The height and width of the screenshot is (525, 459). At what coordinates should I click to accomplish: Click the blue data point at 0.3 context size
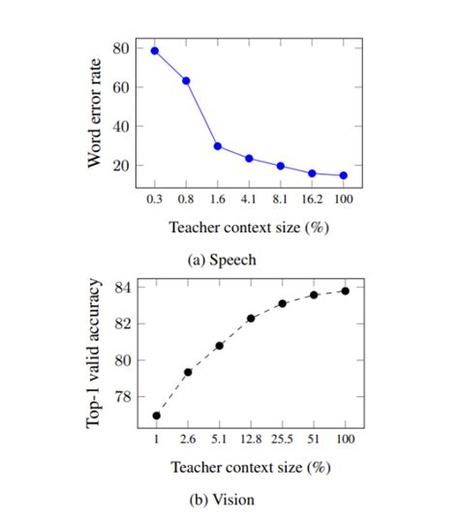(x=155, y=50)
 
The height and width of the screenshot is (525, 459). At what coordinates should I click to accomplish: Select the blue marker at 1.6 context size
(x=218, y=146)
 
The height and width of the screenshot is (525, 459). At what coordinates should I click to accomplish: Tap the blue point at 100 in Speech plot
(x=343, y=175)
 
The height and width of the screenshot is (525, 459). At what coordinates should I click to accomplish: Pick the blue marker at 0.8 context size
(x=186, y=80)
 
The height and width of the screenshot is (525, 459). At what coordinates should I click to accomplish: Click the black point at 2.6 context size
(x=188, y=372)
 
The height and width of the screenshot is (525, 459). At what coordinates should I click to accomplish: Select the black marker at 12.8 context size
(x=251, y=318)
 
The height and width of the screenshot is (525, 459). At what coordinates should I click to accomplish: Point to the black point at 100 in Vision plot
(x=345, y=290)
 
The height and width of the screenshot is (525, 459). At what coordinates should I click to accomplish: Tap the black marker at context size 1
(x=156, y=416)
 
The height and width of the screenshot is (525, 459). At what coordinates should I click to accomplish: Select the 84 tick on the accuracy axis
(x=120, y=287)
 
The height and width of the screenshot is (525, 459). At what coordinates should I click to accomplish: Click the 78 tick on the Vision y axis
(x=120, y=397)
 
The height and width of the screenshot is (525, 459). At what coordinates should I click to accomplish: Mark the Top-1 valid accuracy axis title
(x=95, y=354)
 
